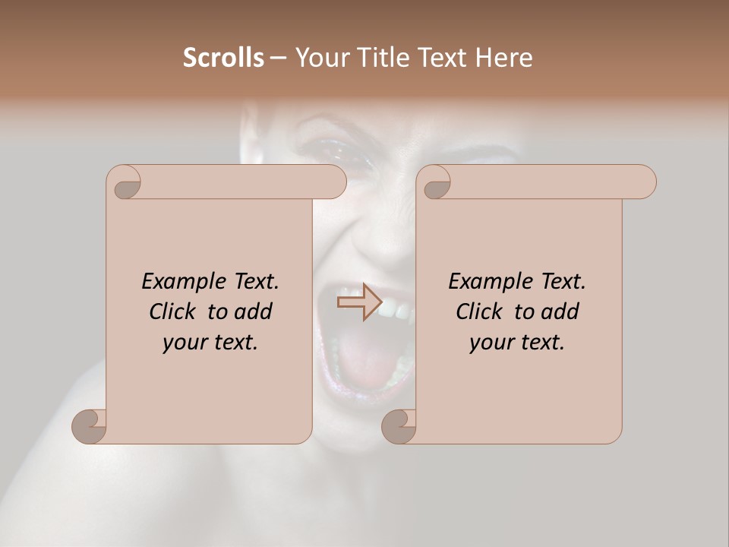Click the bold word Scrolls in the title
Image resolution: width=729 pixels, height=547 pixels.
point(223,57)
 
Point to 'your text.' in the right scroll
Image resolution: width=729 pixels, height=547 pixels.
point(517,343)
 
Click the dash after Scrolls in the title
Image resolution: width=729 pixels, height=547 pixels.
point(277,58)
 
